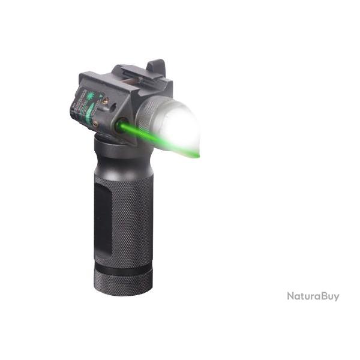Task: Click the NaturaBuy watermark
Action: pyautogui.click(x=313, y=296)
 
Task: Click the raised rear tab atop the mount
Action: pyautogui.click(x=157, y=67)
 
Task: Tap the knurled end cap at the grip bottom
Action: pyautogui.click(x=123, y=282)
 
